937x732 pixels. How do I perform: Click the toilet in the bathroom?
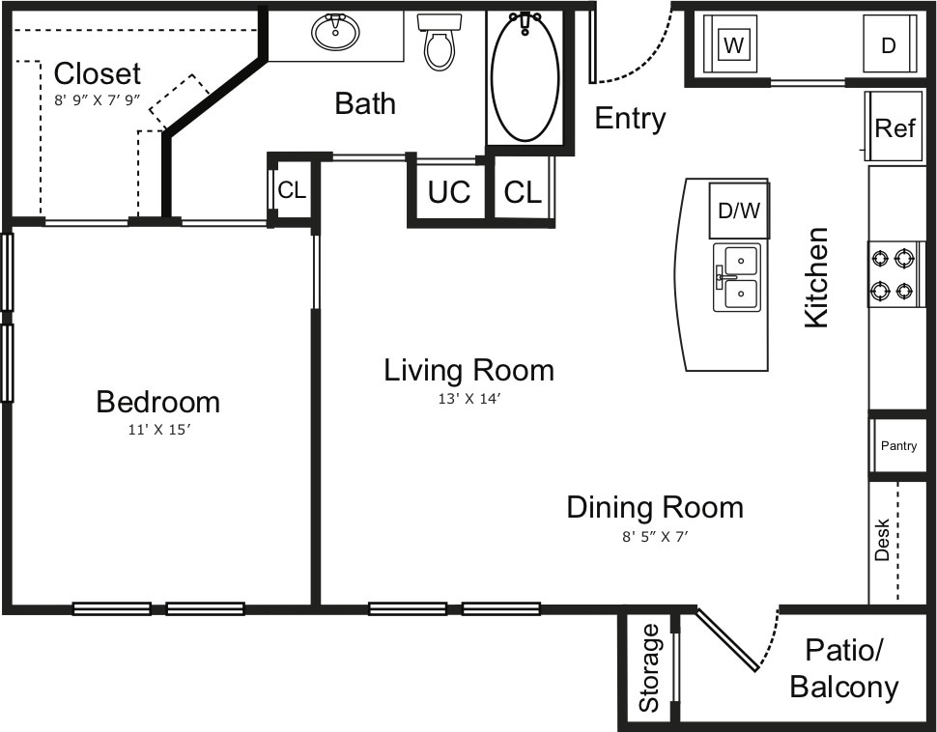(439, 44)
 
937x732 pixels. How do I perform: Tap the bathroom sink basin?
(335, 32)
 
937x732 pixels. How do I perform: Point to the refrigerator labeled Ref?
(894, 127)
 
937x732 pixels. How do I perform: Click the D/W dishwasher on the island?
(739, 211)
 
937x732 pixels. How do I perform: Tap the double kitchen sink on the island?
(737, 277)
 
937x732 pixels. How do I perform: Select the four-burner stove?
(894, 273)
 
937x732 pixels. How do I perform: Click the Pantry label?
(898, 446)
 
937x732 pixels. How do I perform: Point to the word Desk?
(882, 540)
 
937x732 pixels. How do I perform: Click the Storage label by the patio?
(649, 667)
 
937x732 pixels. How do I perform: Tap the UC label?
(449, 192)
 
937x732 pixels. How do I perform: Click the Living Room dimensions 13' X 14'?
(468, 398)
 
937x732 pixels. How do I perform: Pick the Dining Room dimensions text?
(654, 537)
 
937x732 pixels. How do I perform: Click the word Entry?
(630, 119)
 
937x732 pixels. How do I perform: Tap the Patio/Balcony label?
(843, 668)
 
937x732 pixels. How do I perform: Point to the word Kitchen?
(817, 277)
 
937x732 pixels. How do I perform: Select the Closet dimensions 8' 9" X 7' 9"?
(97, 99)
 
